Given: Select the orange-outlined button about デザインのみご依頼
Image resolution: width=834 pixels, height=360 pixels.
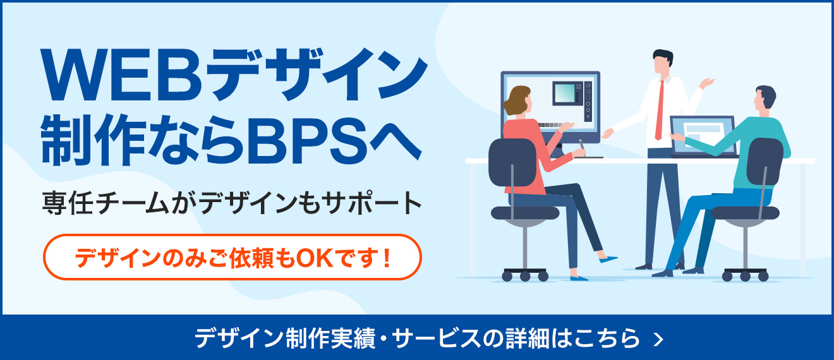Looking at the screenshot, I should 231,257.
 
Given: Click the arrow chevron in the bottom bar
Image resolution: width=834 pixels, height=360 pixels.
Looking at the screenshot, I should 659,339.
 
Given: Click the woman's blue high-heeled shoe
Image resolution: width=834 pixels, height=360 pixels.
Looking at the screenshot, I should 608,259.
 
